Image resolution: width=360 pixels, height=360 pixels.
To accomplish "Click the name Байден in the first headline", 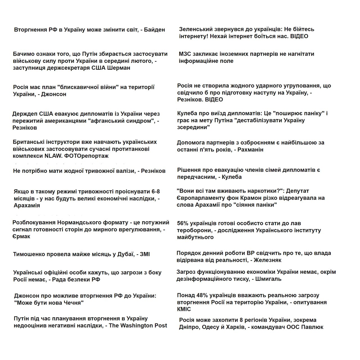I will (x=154, y=30).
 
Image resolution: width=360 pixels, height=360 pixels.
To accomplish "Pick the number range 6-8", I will (x=156, y=192).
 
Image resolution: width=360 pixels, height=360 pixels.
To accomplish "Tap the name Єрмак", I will (x=21, y=237).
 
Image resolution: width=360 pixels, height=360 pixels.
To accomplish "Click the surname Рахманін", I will (x=250, y=149).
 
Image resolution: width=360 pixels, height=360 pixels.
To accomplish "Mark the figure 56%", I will (x=183, y=223).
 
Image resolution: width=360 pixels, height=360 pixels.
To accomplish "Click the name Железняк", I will (x=267, y=260).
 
